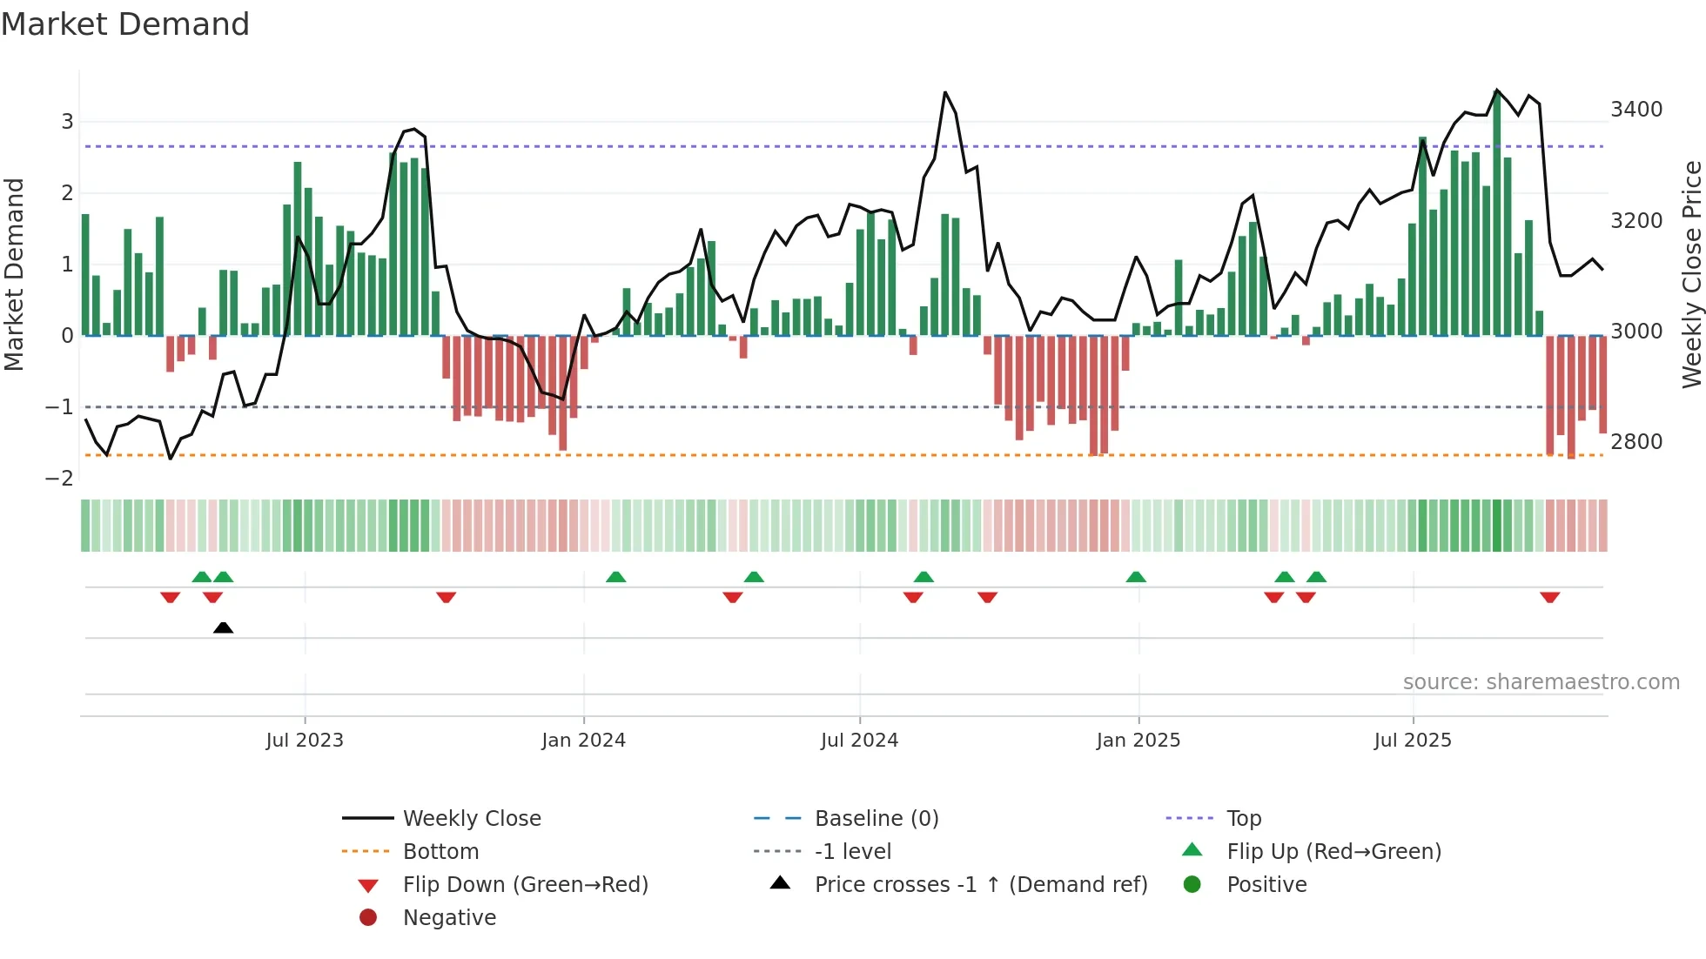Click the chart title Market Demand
[125, 24]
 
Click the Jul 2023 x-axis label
[305, 741]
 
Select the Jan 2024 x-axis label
[583, 741]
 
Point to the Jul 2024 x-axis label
[859, 741]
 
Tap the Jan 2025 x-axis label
[1138, 741]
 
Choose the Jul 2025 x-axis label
[1413, 741]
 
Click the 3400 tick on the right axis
[1636, 110]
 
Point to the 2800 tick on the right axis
[1636, 442]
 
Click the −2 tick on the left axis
[60, 479]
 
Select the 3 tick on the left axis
[67, 121]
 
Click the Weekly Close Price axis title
[1691, 274]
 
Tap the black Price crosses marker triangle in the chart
[223, 627]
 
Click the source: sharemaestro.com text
[1541, 682]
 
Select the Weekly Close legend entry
[471, 819]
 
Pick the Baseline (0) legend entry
[876, 819]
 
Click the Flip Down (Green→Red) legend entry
[525, 885]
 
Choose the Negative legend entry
[449, 918]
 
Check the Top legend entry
[1243, 819]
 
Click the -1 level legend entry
[852, 852]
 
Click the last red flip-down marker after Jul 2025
[1549, 597]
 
